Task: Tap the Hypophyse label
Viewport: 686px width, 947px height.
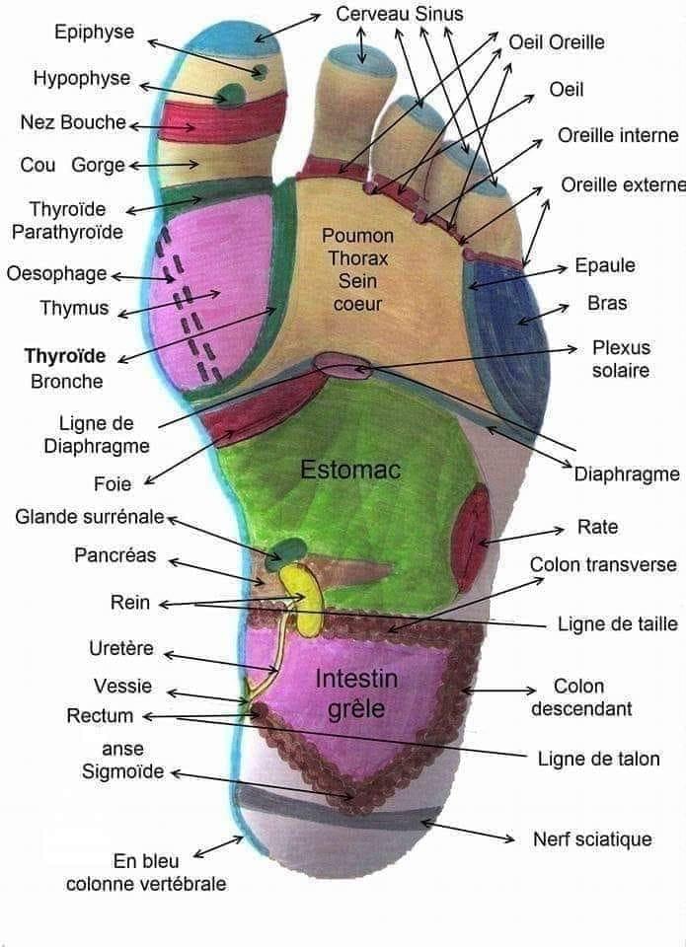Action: (x=82, y=79)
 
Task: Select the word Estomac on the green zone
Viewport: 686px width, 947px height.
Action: (x=350, y=471)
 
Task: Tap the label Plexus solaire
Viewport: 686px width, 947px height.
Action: (x=621, y=359)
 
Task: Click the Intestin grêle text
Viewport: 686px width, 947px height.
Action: (x=356, y=693)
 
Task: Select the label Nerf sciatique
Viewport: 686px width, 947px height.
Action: (x=592, y=839)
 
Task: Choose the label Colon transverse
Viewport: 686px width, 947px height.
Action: (x=603, y=565)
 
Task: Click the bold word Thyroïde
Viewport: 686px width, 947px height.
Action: (x=65, y=356)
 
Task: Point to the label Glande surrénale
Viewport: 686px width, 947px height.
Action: (x=90, y=518)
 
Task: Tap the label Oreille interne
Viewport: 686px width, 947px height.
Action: (x=618, y=136)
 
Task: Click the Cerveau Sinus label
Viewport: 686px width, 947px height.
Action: (x=399, y=14)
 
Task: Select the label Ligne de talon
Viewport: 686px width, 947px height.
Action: (x=598, y=759)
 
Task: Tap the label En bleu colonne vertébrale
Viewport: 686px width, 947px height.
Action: (x=146, y=872)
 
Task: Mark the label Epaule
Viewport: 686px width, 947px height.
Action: (x=604, y=265)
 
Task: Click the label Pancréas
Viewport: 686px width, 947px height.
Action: (x=115, y=555)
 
